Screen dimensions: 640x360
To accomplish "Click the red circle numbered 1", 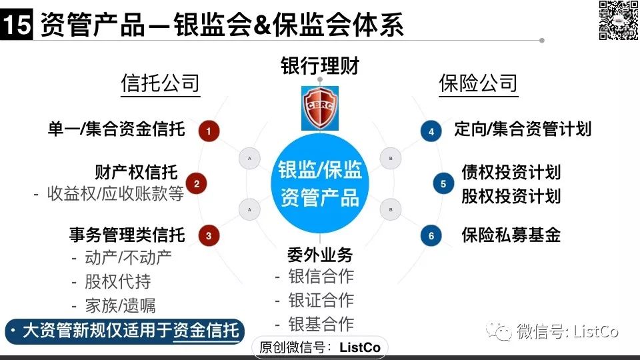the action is [209, 131].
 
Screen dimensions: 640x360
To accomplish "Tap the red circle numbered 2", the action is [196, 184].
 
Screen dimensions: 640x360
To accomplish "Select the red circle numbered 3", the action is [209, 235].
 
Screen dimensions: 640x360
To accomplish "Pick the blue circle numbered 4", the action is [431, 131].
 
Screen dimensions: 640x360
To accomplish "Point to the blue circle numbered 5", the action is [443, 184].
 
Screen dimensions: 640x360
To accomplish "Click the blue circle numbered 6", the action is [431, 235].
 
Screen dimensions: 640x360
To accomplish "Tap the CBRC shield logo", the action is [320, 108].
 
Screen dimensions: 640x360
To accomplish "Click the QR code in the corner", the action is [619, 20].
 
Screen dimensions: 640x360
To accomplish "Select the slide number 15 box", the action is [16, 25].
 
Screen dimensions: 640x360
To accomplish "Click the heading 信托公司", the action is [160, 83].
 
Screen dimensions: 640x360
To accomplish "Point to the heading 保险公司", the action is [478, 83].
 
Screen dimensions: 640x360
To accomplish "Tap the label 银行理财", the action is [320, 66].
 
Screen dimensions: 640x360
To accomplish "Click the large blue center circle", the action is [320, 183].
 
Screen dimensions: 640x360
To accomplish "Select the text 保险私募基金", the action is [511, 235].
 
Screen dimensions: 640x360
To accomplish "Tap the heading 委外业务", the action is [320, 255].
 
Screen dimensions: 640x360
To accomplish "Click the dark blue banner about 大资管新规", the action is [125, 331].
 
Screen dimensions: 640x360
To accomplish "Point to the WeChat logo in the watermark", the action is [499, 331].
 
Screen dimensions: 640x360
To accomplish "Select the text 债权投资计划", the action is [511, 172].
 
